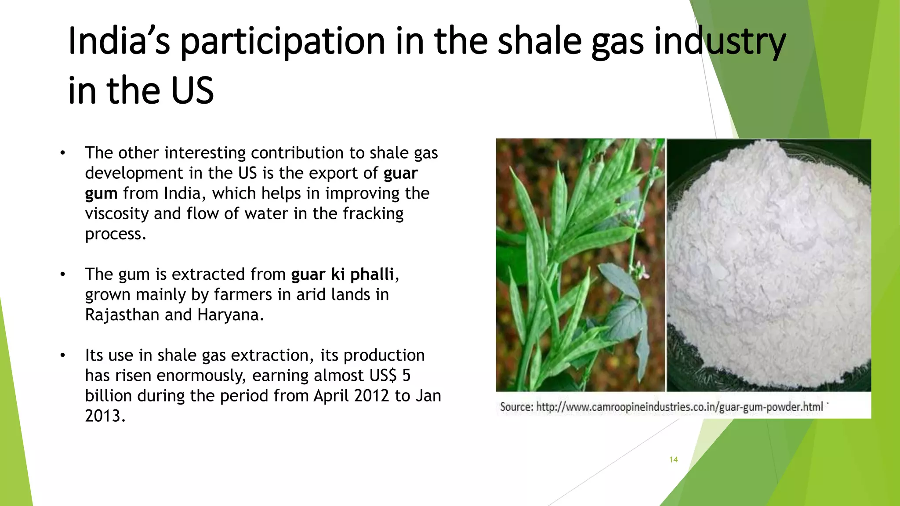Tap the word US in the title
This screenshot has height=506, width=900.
pyautogui.click(x=192, y=91)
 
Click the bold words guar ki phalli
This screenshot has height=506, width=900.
pyautogui.click(x=342, y=275)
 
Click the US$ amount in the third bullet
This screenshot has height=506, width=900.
pyautogui.click(x=390, y=376)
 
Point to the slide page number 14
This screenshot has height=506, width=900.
pyautogui.click(x=673, y=459)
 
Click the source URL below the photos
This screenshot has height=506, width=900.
pyautogui.click(x=679, y=407)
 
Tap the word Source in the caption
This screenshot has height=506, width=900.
pyautogui.click(x=516, y=407)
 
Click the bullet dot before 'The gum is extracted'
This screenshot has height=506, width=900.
pyautogui.click(x=63, y=275)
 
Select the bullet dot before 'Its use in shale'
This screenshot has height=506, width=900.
pyautogui.click(x=63, y=355)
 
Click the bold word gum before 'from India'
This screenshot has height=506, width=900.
pyautogui.click(x=101, y=194)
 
